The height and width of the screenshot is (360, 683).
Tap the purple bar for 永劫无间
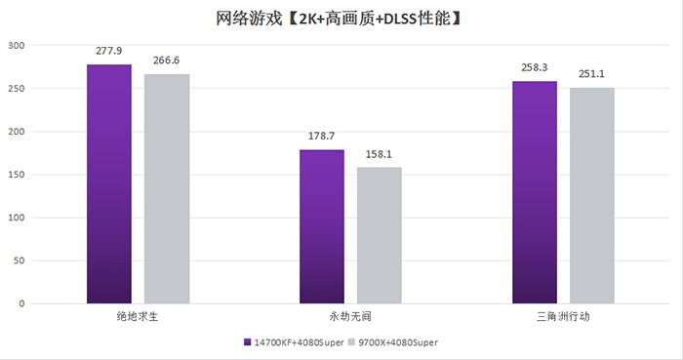(x=322, y=226)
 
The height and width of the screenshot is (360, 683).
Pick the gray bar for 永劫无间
(x=380, y=235)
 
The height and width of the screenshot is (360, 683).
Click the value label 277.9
(x=108, y=51)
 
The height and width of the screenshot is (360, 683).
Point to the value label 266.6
(x=167, y=60)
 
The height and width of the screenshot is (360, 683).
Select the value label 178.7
(x=322, y=137)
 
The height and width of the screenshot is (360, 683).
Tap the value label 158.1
(x=380, y=153)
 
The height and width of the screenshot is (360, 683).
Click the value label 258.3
(x=535, y=67)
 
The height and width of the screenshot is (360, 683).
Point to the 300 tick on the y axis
(x=18, y=46)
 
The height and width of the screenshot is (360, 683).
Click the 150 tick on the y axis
(x=18, y=175)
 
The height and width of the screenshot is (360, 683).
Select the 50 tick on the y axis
(x=20, y=260)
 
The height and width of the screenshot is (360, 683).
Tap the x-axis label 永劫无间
(x=350, y=317)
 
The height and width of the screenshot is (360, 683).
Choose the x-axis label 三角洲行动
(x=563, y=317)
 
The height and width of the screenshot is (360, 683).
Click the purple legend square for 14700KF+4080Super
(x=247, y=343)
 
